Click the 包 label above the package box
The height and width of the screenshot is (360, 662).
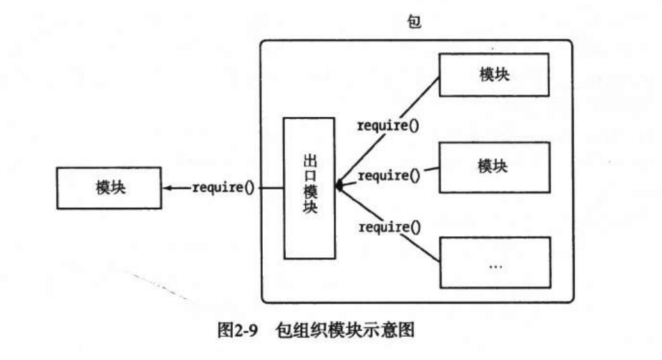(413, 22)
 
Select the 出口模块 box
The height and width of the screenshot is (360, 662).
(309, 187)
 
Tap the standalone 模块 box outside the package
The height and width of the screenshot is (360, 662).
(109, 187)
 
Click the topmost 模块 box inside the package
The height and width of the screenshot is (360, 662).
(493, 74)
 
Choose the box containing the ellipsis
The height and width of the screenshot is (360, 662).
(493, 259)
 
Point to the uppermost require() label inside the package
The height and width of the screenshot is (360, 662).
(388, 126)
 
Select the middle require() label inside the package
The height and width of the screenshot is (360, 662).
(388, 176)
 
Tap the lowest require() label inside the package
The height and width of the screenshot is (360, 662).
(388, 226)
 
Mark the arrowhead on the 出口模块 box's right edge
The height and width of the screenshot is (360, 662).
(339, 184)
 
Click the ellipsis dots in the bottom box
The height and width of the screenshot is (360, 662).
(494, 266)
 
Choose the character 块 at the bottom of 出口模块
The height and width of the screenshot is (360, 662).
(309, 209)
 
